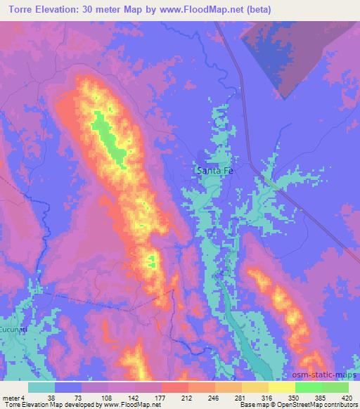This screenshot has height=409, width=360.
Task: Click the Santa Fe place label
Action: [x=212, y=170]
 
